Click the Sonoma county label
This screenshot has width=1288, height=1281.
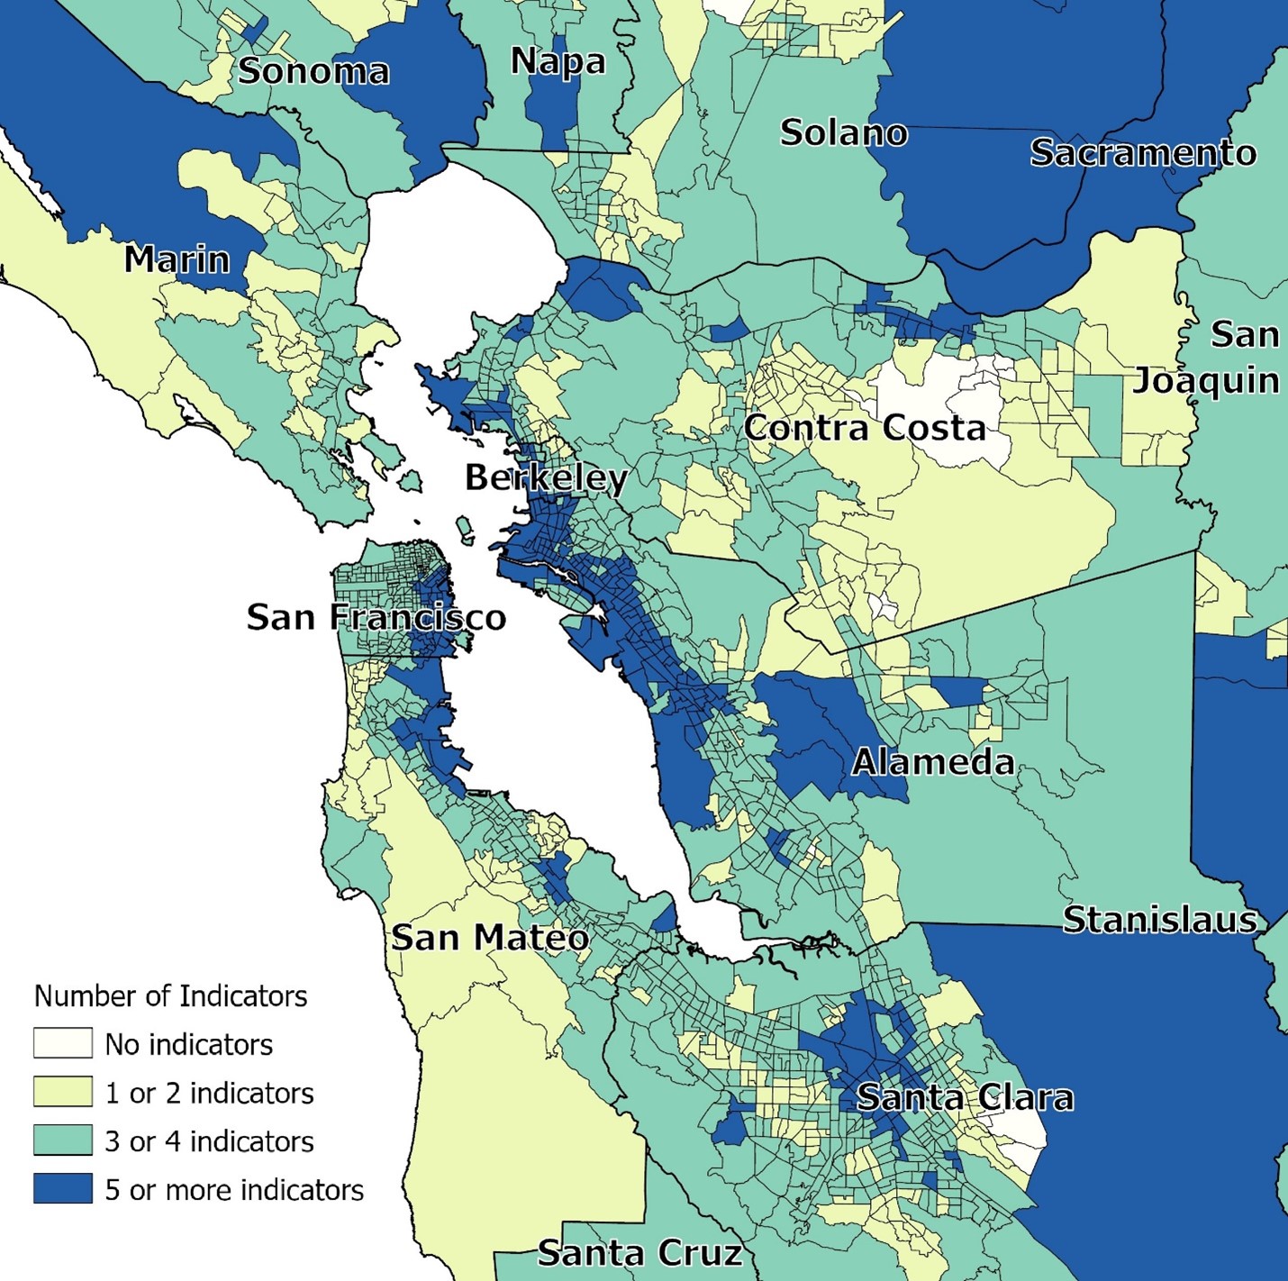(x=313, y=71)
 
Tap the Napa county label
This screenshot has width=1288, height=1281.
(x=558, y=61)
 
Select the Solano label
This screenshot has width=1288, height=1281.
(x=843, y=132)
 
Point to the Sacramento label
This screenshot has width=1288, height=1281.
(x=1142, y=153)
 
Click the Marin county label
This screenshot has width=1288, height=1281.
(x=177, y=259)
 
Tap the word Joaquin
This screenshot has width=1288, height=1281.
(x=1205, y=381)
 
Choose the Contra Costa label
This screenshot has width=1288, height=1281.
(x=865, y=427)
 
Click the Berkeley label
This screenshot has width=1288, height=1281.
(x=546, y=477)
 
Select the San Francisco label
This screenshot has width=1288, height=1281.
(x=376, y=617)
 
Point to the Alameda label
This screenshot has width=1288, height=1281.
(x=933, y=762)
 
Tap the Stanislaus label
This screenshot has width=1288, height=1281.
(x=1159, y=920)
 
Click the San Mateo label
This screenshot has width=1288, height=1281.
(x=490, y=938)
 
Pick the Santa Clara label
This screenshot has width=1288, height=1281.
(x=964, y=1097)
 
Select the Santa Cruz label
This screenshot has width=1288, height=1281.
(x=639, y=1253)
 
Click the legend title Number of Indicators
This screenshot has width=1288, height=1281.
(x=170, y=995)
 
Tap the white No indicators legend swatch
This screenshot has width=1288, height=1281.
(x=62, y=1043)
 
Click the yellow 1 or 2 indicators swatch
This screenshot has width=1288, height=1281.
(x=62, y=1092)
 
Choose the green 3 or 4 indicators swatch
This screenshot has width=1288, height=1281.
(x=62, y=1140)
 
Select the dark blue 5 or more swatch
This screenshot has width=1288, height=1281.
(x=62, y=1189)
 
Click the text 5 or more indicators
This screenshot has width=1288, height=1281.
(x=234, y=1190)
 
